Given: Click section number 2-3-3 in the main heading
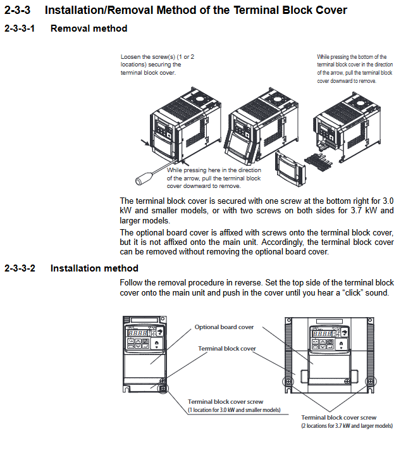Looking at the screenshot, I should coord(19,10).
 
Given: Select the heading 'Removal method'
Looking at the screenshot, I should coord(89,28).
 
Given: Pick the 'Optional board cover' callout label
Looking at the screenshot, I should coord(224,327).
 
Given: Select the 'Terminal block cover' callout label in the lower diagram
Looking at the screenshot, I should coord(227,349).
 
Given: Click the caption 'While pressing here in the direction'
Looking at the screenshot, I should coord(214,178).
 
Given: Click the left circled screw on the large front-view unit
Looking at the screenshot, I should coord(290,382).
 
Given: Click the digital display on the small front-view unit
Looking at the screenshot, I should coord(139,332).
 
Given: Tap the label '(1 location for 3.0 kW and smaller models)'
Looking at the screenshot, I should coord(233,410).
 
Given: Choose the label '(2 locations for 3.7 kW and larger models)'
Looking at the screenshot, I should coord(347,426).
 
